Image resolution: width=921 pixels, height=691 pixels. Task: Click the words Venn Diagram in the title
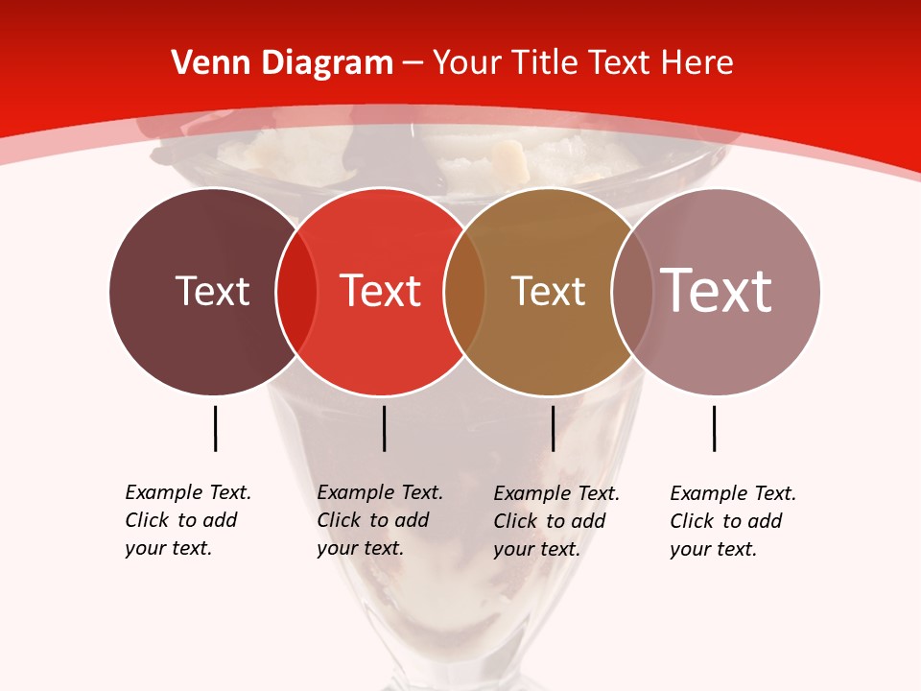click(x=282, y=63)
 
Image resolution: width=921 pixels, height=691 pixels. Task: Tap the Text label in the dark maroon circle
click(x=212, y=292)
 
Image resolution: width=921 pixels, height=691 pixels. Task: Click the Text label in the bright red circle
click(x=380, y=292)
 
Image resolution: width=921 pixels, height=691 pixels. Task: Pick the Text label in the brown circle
click(x=548, y=292)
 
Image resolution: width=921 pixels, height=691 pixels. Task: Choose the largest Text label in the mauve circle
click(x=717, y=290)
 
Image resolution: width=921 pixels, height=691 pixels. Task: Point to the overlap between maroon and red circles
click(x=296, y=292)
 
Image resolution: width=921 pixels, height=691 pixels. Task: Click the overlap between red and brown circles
click(x=464, y=292)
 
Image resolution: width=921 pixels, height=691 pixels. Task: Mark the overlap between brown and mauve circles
click(x=631, y=292)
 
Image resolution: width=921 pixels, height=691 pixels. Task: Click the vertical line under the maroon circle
click(x=215, y=428)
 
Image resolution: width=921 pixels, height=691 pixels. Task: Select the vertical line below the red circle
click(x=384, y=428)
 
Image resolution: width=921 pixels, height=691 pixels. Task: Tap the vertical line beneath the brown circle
click(x=553, y=428)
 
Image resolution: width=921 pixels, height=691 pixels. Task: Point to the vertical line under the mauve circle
click(x=714, y=428)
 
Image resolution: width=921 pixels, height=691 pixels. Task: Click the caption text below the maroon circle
click(x=187, y=520)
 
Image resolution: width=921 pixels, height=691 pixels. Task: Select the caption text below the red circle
click(x=379, y=520)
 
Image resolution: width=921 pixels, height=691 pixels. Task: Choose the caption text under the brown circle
click(x=555, y=521)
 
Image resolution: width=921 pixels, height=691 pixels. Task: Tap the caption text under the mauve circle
click(x=732, y=521)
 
